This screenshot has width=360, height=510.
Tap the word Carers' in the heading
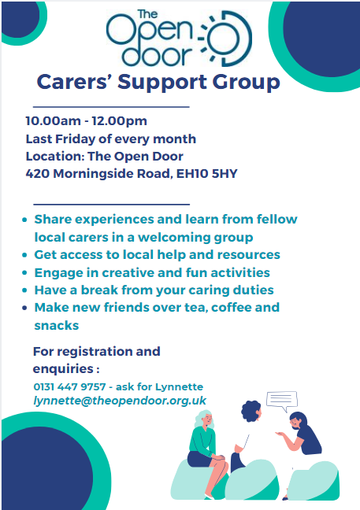[x=75, y=82]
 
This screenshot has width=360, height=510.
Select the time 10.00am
[x=53, y=121]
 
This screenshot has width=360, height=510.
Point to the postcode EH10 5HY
[x=206, y=174]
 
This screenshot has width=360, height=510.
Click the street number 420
[x=38, y=174]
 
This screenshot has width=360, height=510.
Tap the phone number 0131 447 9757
[x=69, y=386]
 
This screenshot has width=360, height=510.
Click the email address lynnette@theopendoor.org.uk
[x=120, y=401]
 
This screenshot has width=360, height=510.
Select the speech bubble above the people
[x=282, y=401]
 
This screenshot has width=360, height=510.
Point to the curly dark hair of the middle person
[x=251, y=411]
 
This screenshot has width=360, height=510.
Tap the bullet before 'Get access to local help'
[x=24, y=255]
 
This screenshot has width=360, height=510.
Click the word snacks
[x=57, y=325]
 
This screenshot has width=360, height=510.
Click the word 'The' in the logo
[x=147, y=14]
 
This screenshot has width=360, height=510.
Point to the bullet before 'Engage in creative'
[x=24, y=272]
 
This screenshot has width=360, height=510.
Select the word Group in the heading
[x=247, y=82]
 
